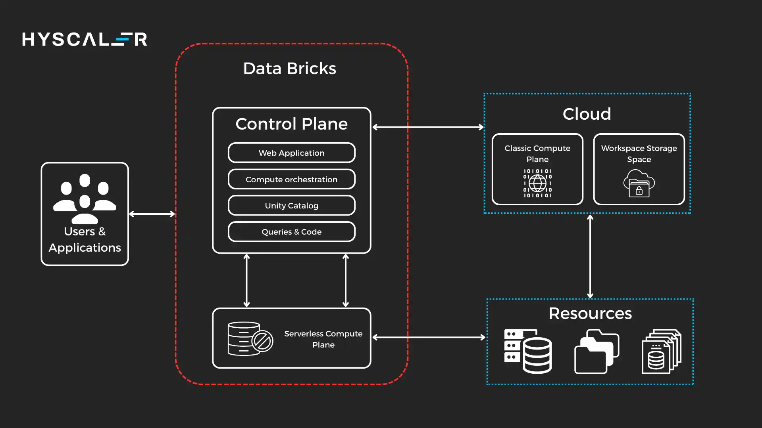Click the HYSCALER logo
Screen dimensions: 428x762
tap(85, 39)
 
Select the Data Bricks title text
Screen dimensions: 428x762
tap(289, 69)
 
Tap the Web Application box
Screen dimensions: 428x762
tap(291, 153)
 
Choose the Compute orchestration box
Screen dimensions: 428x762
tap(291, 180)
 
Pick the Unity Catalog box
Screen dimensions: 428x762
tap(291, 206)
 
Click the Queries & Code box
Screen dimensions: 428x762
tap(291, 232)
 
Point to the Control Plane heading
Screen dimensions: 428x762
tap(291, 124)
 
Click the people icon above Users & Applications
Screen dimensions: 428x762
tap(85, 198)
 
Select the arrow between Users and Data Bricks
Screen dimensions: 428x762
tap(152, 214)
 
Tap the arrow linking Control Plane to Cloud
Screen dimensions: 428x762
tap(428, 127)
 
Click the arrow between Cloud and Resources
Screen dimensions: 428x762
tap(590, 256)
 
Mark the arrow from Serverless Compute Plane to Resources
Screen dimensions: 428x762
tap(429, 337)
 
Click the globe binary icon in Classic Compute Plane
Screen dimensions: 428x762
tap(537, 183)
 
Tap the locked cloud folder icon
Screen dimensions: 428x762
tap(639, 183)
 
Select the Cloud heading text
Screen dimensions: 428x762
tap(587, 114)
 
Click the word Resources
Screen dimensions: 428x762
tap(590, 313)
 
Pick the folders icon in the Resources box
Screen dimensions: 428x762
tap(597, 352)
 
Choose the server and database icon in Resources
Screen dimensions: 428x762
tap(528, 352)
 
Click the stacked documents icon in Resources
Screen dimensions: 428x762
tap(661, 352)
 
